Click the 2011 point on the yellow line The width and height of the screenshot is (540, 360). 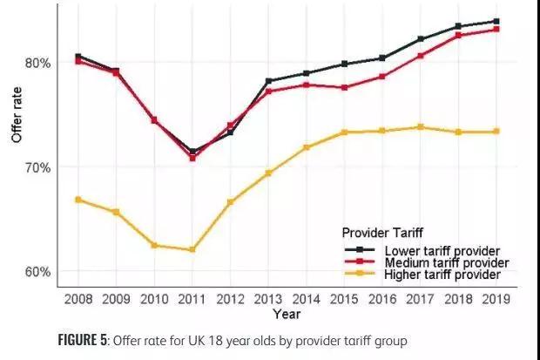[192, 249]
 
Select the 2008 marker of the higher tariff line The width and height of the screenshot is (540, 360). [78, 200]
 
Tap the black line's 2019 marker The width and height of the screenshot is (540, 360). [496, 22]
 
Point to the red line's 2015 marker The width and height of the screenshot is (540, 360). [344, 87]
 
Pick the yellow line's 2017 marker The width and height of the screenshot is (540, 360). [420, 127]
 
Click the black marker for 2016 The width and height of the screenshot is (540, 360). [382, 58]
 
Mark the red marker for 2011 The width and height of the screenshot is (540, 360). [192, 158]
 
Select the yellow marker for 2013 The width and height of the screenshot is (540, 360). [268, 173]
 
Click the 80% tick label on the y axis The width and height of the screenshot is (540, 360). [37, 64]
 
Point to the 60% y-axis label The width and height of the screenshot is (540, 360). [37, 272]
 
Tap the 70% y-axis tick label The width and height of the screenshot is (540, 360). [37, 168]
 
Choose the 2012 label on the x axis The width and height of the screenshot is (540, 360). [230, 299]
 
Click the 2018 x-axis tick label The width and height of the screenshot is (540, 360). [458, 299]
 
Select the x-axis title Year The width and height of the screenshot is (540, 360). [287, 314]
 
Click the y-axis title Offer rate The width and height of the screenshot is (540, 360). [17, 115]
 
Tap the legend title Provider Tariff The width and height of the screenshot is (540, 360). [382, 233]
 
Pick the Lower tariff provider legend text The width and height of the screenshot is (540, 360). [442, 251]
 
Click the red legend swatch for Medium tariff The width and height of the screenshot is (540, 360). [360, 261]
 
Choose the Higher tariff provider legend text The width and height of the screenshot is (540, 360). [442, 275]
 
